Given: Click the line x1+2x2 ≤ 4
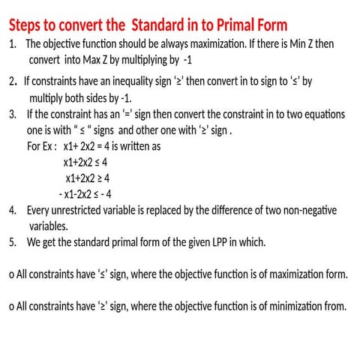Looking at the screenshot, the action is pyautogui.click(x=85, y=162).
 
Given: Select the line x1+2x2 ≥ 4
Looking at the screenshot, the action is pyautogui.click(x=88, y=178).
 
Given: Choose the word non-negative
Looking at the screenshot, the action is pyautogui.click(x=310, y=210).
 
